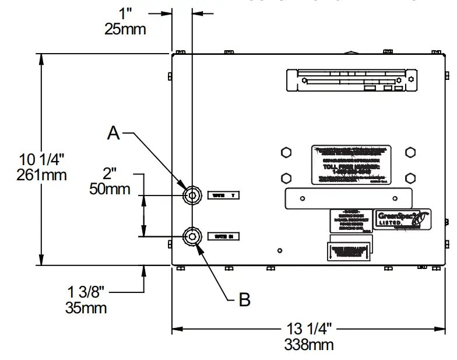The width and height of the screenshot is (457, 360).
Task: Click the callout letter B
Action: (x=245, y=300)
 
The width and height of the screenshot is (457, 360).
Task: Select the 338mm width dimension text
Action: (x=309, y=344)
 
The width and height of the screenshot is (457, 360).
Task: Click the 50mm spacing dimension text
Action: (x=110, y=188)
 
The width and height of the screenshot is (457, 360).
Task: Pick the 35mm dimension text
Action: (x=86, y=307)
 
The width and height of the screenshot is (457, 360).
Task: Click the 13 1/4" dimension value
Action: (x=309, y=328)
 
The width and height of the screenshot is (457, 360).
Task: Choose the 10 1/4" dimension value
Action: (x=42, y=159)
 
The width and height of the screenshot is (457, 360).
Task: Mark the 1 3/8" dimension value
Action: (x=86, y=292)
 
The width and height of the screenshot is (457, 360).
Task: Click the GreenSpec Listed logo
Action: (x=401, y=219)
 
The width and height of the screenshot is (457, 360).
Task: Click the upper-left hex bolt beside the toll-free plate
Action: (x=286, y=152)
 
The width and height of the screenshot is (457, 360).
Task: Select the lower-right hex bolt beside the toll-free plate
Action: (x=411, y=177)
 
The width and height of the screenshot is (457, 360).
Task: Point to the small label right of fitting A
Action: (x=224, y=195)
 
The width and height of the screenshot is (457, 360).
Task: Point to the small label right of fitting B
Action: (x=224, y=236)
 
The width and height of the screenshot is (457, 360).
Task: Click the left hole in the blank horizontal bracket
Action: (x=302, y=198)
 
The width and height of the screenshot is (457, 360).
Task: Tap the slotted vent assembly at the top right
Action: (x=351, y=80)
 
